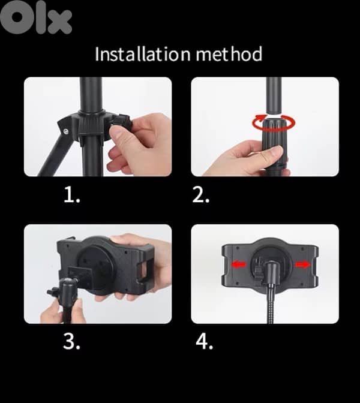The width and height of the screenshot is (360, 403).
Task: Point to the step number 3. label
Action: click(x=72, y=342)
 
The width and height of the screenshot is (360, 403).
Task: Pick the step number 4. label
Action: click(x=205, y=342)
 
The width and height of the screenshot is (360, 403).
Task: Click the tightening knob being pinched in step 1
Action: click(x=123, y=127)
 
